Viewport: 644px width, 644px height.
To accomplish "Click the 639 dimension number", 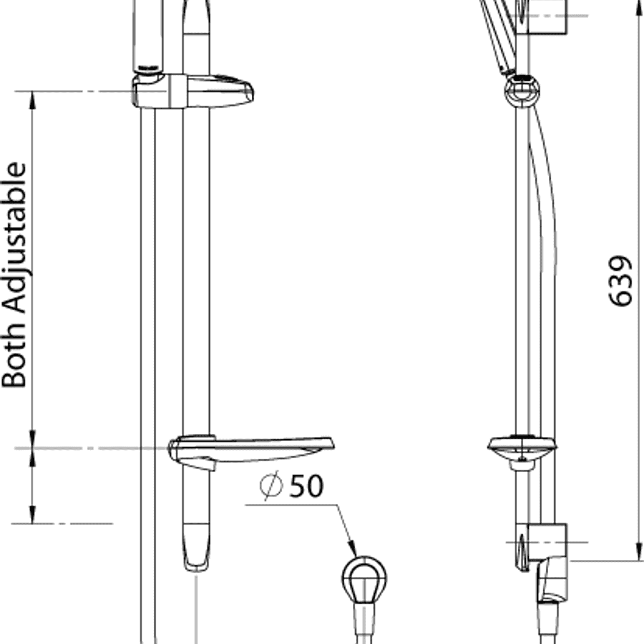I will point(620,281).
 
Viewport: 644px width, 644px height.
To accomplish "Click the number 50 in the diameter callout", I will point(306,486).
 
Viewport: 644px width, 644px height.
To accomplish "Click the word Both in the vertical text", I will point(15,357).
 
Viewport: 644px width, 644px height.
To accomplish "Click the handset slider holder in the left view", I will point(192,91).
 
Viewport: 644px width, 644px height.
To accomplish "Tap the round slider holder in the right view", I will point(522,90).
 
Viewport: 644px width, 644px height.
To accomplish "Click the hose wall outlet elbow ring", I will point(364,578).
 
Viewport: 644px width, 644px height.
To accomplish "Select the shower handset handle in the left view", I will point(148,35).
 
